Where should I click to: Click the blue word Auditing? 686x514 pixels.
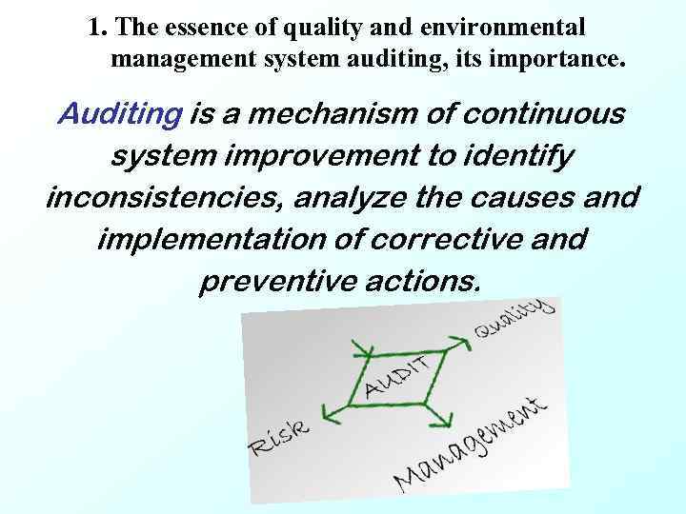pos(120,115)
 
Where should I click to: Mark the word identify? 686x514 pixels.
pos(517,156)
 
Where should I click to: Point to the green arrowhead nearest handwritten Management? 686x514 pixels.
pos(442,420)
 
